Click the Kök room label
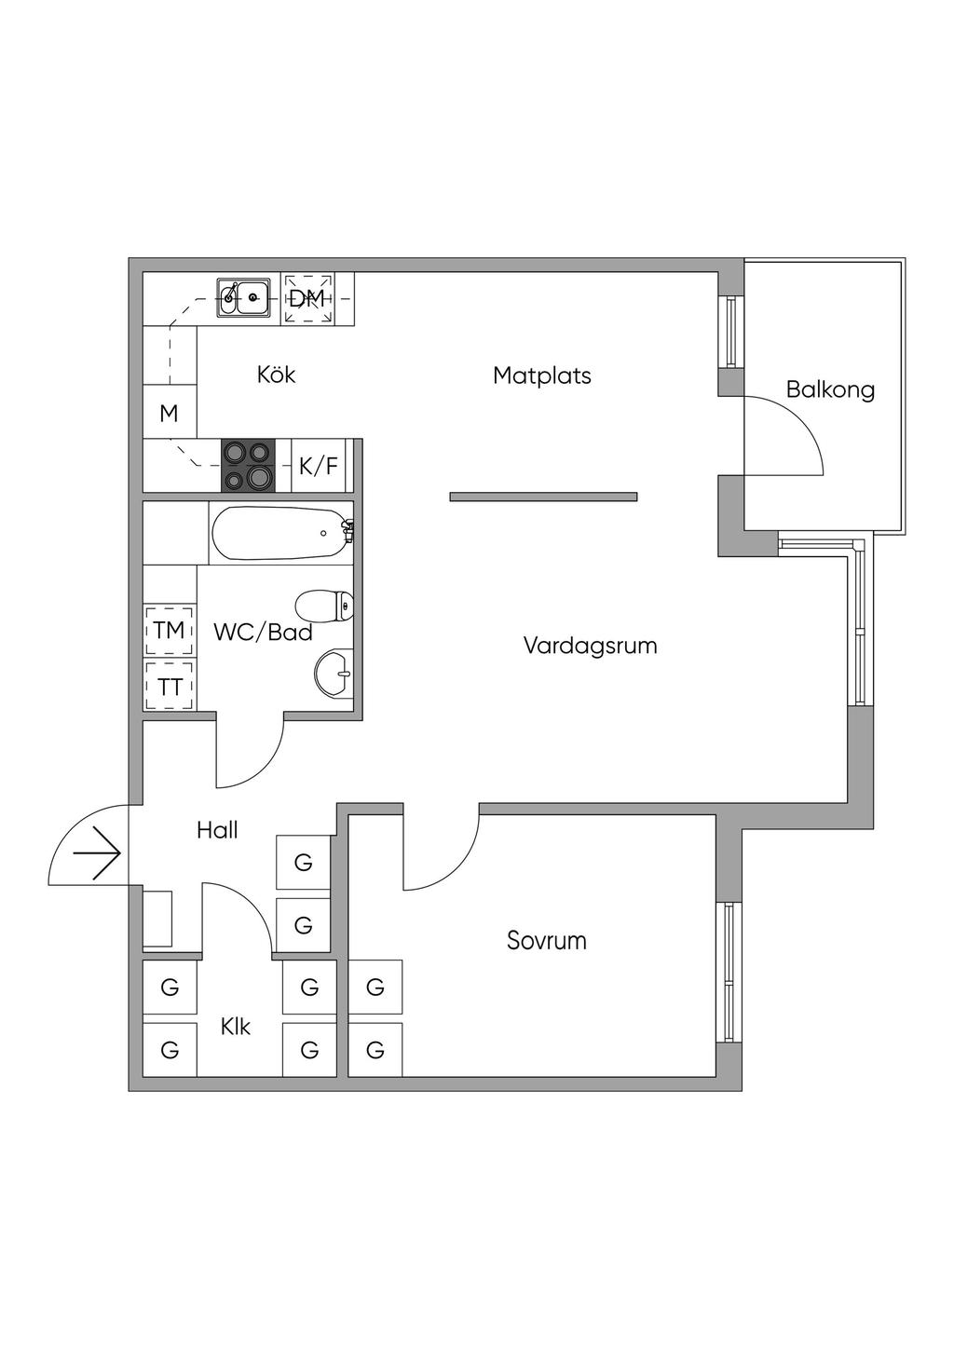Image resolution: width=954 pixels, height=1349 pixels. [276, 375]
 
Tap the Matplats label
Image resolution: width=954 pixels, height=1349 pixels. [542, 375]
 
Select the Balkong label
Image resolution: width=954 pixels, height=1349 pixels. [830, 388]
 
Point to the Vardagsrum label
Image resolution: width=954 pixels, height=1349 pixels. [590, 645]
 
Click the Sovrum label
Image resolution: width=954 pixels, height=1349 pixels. [547, 940]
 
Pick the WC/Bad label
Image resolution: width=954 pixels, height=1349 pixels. [263, 633]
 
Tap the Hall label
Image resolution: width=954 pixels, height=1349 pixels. [217, 830]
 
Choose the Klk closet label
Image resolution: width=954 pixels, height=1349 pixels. [236, 1027]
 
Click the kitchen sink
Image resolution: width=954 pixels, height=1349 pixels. [244, 297]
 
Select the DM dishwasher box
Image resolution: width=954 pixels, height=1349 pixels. [307, 298]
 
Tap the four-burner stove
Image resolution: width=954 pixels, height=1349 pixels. [248, 465]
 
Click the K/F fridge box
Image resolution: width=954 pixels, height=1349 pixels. [319, 466]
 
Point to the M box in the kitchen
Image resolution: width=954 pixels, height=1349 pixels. [169, 413]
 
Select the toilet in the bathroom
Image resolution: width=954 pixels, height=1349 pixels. [325, 606]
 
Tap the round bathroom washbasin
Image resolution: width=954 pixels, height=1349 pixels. [334, 672]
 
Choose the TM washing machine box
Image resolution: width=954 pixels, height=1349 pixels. [169, 630]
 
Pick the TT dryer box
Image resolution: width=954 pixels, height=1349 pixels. [169, 688]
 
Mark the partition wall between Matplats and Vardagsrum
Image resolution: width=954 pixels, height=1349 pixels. [543, 497]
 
